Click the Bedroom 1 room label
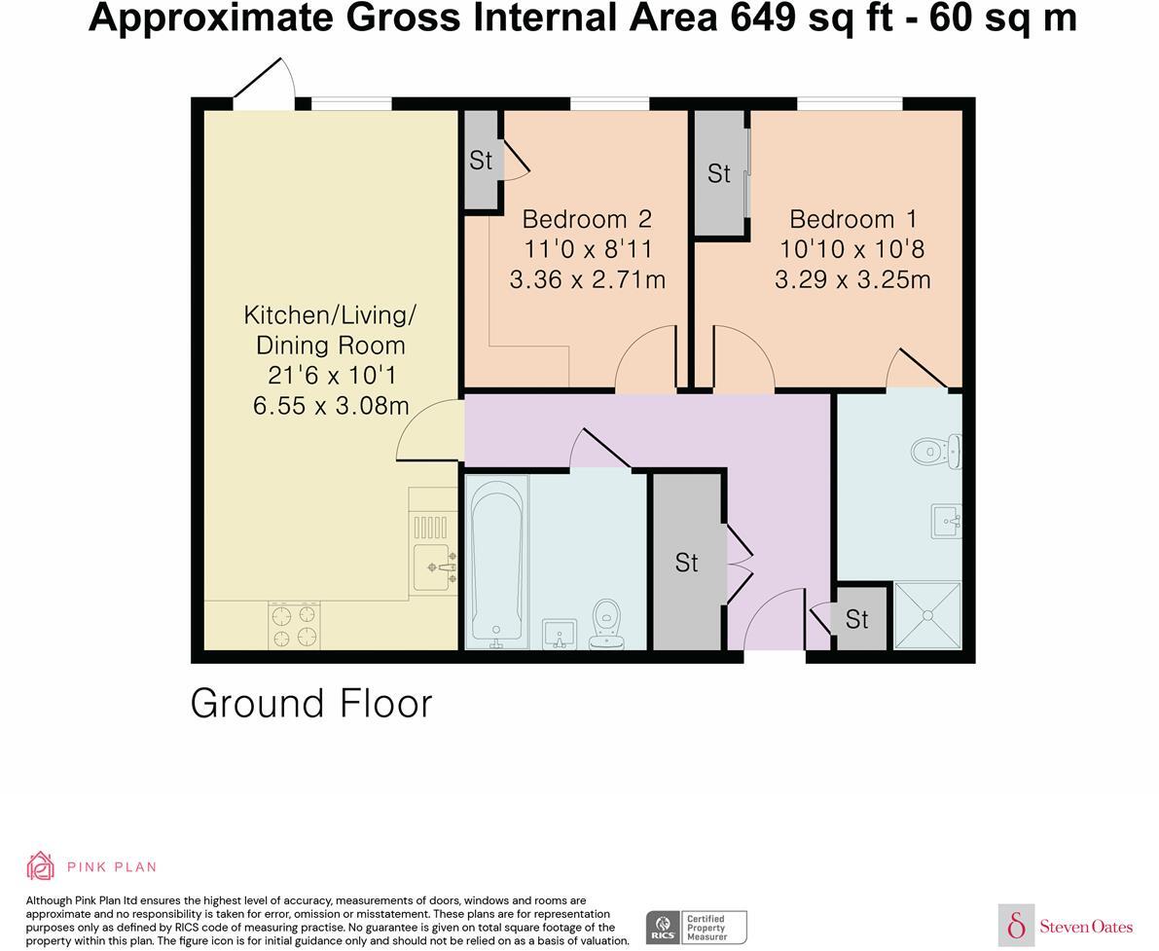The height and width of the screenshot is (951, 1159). [x=852, y=219]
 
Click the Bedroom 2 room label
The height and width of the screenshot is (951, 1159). [x=587, y=219]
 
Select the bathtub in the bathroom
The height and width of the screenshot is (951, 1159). [x=497, y=561]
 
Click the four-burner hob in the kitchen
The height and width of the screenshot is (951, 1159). [x=294, y=625]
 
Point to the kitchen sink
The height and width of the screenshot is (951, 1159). [x=435, y=566]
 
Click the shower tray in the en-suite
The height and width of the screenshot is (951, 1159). [x=926, y=615]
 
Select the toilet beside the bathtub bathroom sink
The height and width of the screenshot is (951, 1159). [x=607, y=624]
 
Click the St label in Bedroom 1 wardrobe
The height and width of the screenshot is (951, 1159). [x=719, y=173]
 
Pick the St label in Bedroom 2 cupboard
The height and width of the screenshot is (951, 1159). [x=481, y=161]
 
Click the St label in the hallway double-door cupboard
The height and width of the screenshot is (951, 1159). [x=687, y=563]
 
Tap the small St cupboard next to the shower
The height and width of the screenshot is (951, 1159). [x=857, y=619]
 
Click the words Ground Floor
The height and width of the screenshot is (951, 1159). [x=311, y=703]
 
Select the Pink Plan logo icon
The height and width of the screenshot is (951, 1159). [x=41, y=865]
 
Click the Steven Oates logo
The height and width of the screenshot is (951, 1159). [x=1067, y=926]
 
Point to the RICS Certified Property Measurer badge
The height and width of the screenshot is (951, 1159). [x=696, y=927]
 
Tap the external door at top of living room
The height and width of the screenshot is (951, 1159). [x=264, y=90]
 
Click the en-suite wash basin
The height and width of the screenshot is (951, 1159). [x=946, y=521]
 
